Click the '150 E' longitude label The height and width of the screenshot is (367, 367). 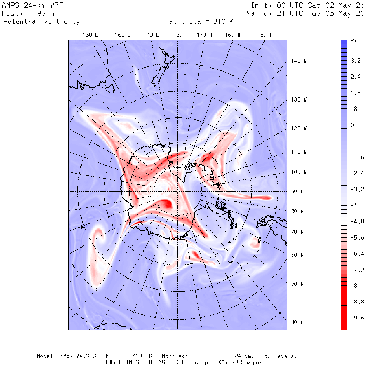pyautogui.click(x=91, y=35)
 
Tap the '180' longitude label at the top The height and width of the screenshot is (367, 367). pyautogui.click(x=178, y=35)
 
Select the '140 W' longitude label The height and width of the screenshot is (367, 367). pyautogui.click(x=298, y=61)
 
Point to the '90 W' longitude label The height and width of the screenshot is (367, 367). pyautogui.click(x=297, y=192)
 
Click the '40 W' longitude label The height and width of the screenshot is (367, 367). pyautogui.click(x=297, y=322)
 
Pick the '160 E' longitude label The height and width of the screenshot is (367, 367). pyautogui.click(x=123, y=35)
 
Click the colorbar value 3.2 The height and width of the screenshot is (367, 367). pyautogui.click(x=355, y=61)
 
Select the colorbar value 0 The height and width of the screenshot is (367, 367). pyautogui.click(x=352, y=125)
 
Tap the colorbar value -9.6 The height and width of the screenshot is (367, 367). pyautogui.click(x=357, y=318)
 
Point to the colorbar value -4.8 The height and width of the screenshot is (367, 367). pyautogui.click(x=357, y=221)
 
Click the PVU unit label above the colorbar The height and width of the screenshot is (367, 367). pyautogui.click(x=355, y=40)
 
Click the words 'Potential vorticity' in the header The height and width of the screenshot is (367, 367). pyautogui.click(x=42, y=22)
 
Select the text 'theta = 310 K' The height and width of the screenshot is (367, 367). pyautogui.click(x=208, y=22)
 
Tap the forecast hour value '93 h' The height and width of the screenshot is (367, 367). pyautogui.click(x=45, y=13)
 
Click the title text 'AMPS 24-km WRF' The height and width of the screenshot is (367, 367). pyautogui.click(x=32, y=5)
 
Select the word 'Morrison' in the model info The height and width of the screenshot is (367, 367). pyautogui.click(x=175, y=356)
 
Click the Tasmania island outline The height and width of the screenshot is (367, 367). pyautogui.click(x=110, y=89)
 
